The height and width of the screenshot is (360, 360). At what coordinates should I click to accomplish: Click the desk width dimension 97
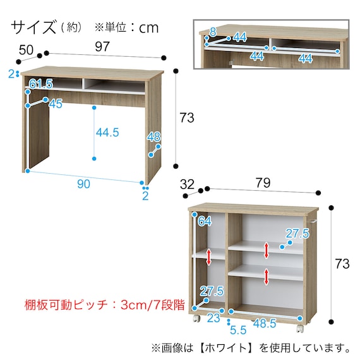pyautogui.click(x=102, y=47)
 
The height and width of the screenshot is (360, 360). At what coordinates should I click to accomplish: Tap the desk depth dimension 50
pyautogui.click(x=26, y=50)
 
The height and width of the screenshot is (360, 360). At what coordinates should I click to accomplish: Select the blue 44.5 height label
pyautogui.click(x=107, y=133)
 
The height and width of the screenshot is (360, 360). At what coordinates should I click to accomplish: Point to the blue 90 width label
pyautogui.click(x=83, y=184)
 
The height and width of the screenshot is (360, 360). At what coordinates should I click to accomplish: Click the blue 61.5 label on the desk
pyautogui.click(x=41, y=84)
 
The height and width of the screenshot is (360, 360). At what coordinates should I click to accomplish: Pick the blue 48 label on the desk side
pyautogui.click(x=154, y=137)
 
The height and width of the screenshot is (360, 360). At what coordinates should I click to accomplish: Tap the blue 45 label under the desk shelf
pyautogui.click(x=56, y=104)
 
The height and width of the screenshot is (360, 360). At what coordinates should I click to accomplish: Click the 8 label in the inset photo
pyautogui.click(x=213, y=32)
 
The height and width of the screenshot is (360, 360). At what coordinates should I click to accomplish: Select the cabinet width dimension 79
pyautogui.click(x=263, y=183)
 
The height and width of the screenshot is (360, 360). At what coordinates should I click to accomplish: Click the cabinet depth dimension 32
pyautogui.click(x=187, y=184)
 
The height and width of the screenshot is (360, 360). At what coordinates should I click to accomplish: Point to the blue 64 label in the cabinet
pyautogui.click(x=205, y=221)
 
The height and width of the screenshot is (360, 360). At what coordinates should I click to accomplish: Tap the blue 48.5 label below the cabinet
pyautogui.click(x=265, y=323)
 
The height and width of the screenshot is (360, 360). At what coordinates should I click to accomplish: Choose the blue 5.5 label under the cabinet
pyautogui.click(x=238, y=330)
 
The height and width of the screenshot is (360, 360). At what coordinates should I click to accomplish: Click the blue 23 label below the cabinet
pyautogui.click(x=213, y=318)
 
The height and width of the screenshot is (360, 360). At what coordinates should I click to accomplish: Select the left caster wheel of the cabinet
pyautogui.click(x=196, y=318)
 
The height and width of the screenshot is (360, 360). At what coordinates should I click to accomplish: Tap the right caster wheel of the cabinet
pyautogui.click(x=300, y=328)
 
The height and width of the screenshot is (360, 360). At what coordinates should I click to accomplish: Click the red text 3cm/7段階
pyautogui.click(x=153, y=305)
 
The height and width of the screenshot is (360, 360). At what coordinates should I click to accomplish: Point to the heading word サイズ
pyautogui.click(x=33, y=27)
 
